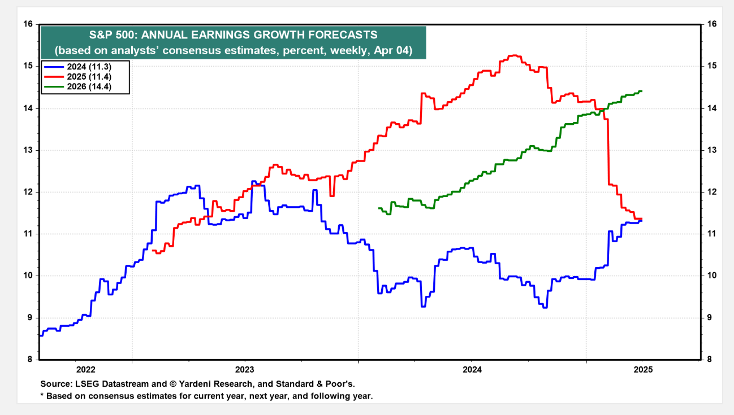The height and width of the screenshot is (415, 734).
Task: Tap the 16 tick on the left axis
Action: (28, 24)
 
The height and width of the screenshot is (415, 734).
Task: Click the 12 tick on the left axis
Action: (28, 192)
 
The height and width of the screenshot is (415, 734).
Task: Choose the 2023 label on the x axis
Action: (245, 370)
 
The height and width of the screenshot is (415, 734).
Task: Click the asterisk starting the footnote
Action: (42, 396)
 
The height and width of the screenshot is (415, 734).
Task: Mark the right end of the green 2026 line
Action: (641, 91)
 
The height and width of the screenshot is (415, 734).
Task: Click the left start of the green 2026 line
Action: (378, 208)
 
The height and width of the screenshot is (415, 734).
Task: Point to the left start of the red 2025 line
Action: (153, 250)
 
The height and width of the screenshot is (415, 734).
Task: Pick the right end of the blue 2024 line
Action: (641, 221)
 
